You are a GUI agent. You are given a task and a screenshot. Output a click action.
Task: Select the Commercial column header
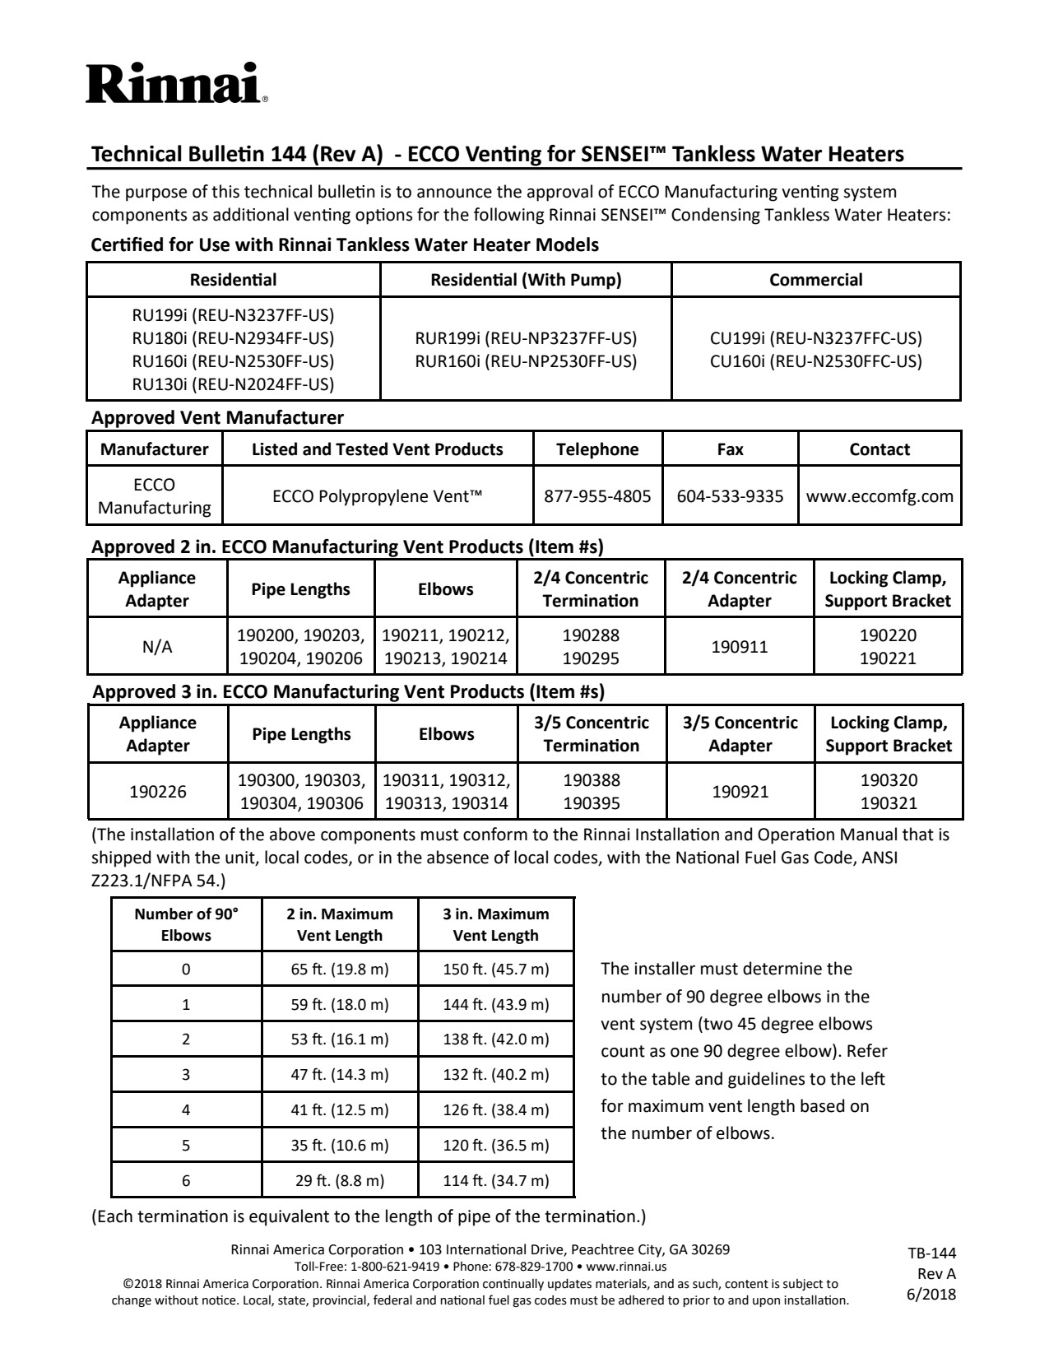pos(815,280)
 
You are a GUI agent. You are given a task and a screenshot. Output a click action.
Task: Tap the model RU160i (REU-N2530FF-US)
pos(233,360)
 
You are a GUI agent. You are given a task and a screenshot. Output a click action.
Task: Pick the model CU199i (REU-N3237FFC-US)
pos(815,338)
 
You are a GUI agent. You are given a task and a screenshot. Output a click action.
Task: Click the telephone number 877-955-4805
pos(597,496)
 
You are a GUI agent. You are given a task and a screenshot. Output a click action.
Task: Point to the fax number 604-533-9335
pos(730,496)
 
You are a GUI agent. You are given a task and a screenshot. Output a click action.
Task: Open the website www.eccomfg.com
pos(880,496)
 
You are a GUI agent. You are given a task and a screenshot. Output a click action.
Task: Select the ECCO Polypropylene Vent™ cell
pos(377,496)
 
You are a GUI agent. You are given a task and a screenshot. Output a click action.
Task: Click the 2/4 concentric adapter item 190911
pos(739,647)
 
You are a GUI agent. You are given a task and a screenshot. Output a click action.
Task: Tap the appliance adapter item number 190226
pos(157,792)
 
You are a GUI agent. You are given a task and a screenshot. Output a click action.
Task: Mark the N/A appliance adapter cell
pos(157,647)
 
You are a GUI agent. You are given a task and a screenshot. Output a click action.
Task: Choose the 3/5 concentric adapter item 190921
pos(740,792)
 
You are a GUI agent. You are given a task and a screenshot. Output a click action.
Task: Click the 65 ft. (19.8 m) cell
pos(340,969)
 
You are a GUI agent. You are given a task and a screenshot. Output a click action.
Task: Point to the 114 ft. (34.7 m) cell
pos(495,1180)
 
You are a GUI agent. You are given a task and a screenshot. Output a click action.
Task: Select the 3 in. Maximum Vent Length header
pos(495,924)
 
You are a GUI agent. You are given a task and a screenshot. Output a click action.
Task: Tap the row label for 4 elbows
pos(186,1109)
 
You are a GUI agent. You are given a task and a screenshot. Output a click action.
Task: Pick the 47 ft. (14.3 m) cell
pos(340,1074)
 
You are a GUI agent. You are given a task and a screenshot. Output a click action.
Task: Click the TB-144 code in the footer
pos(931,1253)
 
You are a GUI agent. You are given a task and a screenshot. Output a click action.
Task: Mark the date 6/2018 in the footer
pos(931,1294)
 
